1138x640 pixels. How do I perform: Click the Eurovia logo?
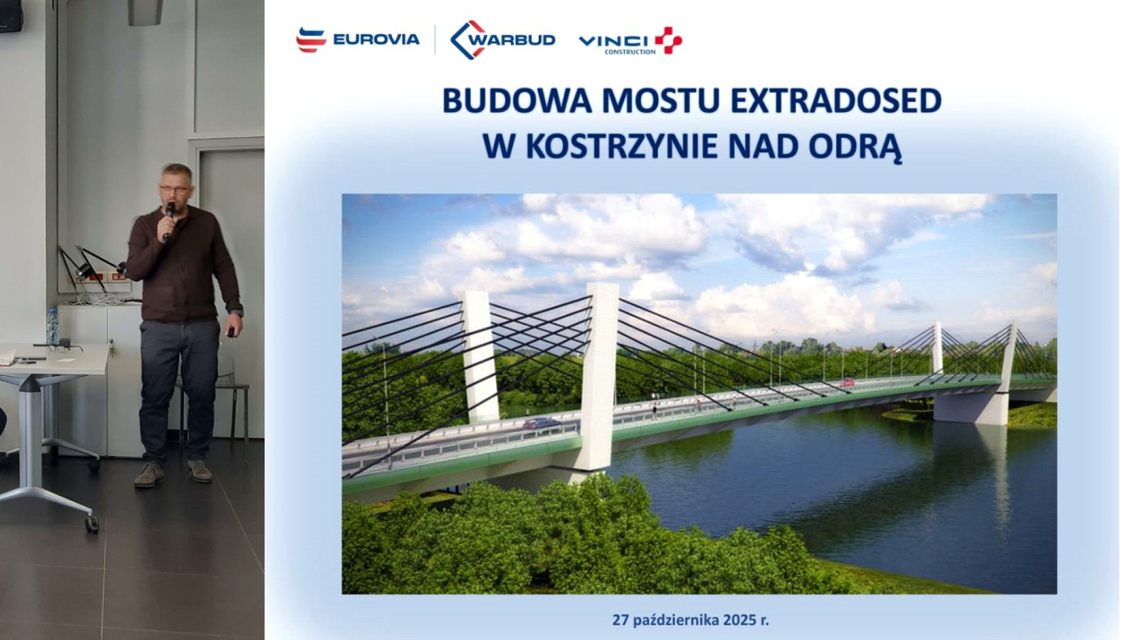(x=358, y=40)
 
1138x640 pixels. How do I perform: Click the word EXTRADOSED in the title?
(x=836, y=101)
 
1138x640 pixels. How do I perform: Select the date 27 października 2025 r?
(x=690, y=620)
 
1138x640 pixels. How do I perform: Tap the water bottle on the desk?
(x=52, y=327)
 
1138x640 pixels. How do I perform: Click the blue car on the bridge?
(x=541, y=423)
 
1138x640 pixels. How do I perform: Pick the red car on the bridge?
(x=847, y=382)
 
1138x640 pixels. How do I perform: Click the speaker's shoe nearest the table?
(x=149, y=474)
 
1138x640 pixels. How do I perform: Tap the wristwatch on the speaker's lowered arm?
(x=237, y=312)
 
